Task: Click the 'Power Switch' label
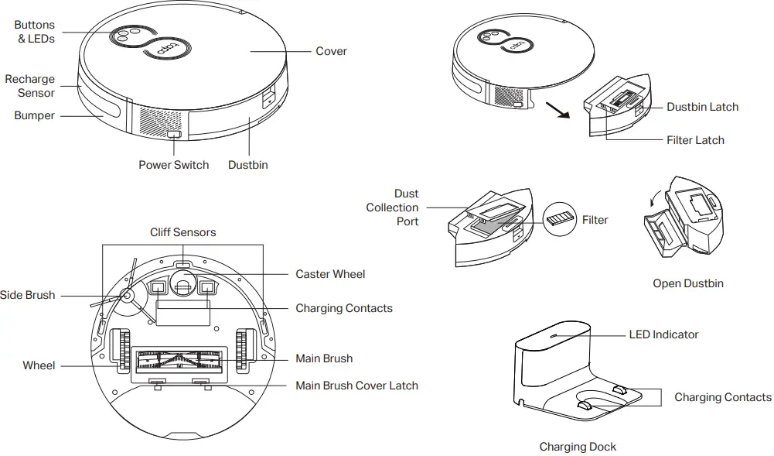[173, 165]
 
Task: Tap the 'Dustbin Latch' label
[702, 107]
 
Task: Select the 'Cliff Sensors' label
[183, 232]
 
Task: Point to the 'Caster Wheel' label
[330, 274]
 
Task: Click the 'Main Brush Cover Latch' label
[356, 386]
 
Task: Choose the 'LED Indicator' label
[663, 334]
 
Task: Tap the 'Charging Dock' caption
[578, 446]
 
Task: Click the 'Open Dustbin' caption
[687, 283]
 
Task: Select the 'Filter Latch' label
[695, 140]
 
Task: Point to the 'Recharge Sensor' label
[30, 86]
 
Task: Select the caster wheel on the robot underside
[183, 285]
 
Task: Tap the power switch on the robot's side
[174, 135]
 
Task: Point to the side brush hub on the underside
[124, 295]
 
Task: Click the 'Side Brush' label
[28, 295]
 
